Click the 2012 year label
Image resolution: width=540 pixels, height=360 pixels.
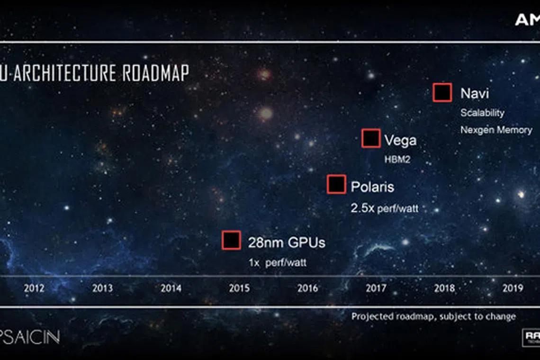click(34, 288)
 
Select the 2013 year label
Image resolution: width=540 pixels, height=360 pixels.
click(102, 288)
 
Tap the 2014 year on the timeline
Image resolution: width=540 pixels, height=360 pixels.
click(171, 288)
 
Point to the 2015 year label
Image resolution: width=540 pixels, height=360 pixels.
click(239, 288)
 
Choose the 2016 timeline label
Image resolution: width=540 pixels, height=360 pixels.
click(307, 288)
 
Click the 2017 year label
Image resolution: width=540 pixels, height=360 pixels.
click(376, 288)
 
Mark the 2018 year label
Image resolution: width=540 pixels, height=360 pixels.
click(444, 288)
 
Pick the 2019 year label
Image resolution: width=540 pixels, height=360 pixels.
click(513, 288)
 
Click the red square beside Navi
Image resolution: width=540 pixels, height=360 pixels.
click(442, 93)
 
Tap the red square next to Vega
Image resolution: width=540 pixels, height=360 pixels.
click(371, 138)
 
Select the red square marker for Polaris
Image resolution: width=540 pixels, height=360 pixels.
click(336, 184)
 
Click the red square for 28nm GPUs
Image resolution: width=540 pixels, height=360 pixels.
click(232, 240)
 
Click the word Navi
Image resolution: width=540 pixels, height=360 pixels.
click(474, 93)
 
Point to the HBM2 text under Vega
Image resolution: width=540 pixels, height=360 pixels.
click(396, 160)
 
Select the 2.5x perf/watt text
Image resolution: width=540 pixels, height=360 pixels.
click(384, 208)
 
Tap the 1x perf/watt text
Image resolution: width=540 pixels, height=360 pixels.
click(277, 262)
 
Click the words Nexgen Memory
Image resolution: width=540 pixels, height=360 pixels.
click(496, 129)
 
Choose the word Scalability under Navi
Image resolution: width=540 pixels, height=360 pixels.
click(482, 113)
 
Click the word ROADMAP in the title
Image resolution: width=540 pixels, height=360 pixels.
click(155, 73)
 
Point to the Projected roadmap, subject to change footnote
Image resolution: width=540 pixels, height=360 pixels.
click(433, 316)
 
